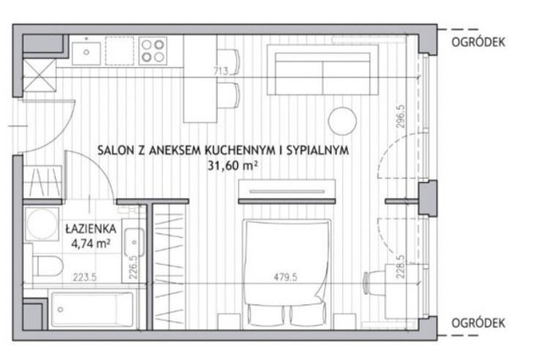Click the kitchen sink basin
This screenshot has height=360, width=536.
click(86, 53)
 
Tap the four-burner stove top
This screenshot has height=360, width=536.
click(152, 51)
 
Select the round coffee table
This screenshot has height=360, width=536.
click(342, 121)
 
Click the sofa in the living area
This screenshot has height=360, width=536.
click(323, 70)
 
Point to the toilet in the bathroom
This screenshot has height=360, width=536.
click(48, 266)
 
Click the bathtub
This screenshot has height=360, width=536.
click(92, 310)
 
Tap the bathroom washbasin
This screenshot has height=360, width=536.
click(134, 242)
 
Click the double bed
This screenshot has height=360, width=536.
click(286, 273)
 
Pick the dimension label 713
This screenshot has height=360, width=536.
click(221, 71)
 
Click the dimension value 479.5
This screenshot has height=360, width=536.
click(285, 277)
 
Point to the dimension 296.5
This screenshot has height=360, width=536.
click(401, 116)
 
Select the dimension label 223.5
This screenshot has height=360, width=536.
click(85, 277)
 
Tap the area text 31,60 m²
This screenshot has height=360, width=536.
click(233, 166)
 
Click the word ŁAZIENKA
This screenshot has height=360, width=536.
click(91, 229)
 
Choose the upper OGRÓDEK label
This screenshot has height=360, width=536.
click(478, 42)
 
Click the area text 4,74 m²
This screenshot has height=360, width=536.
click(91, 244)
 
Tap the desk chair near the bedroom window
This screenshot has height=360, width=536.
click(374, 283)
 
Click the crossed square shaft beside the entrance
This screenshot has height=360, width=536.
click(39, 75)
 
